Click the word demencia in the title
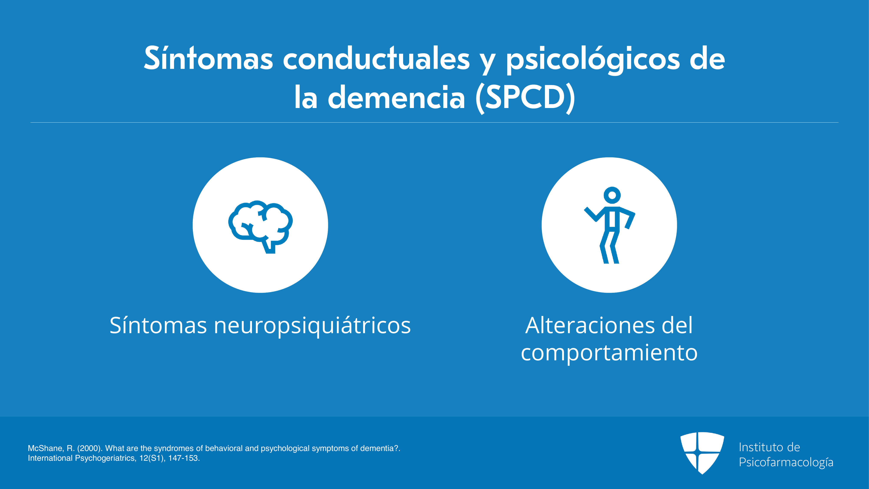click(396, 97)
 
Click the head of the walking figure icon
click(612, 195)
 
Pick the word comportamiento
click(609, 354)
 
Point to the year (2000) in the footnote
click(89, 449)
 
